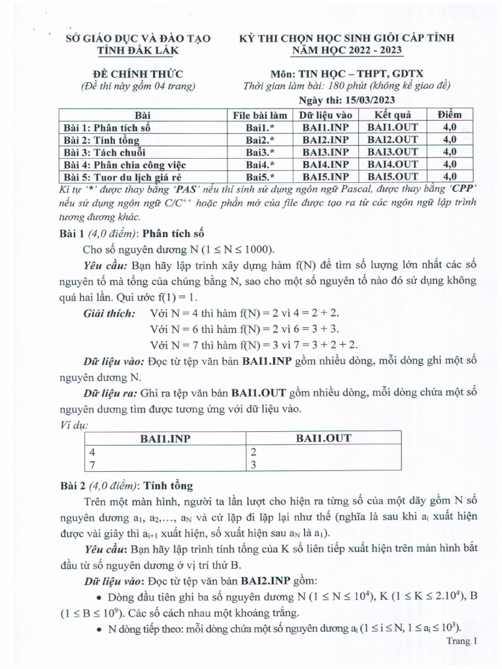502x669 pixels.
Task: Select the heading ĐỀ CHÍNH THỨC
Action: pyautogui.click(x=138, y=73)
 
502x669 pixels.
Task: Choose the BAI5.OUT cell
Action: pyautogui.click(x=392, y=176)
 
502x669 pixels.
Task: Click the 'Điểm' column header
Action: pyautogui.click(x=450, y=115)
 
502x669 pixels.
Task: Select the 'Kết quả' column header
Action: pyautogui.click(x=392, y=115)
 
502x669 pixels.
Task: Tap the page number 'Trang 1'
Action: pyautogui.click(x=463, y=642)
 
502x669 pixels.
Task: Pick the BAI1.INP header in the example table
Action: pyautogui.click(x=165, y=438)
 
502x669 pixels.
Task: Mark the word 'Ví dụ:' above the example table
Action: pyautogui.click(x=73, y=425)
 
